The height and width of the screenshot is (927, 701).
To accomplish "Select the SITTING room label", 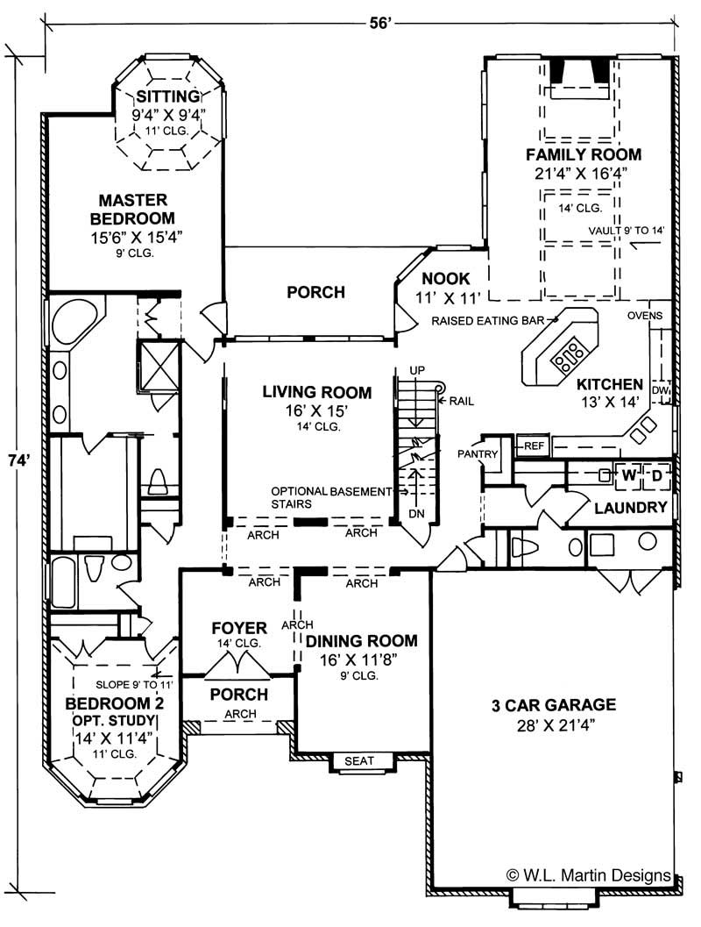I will [167, 96].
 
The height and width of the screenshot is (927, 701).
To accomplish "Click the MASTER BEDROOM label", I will [137, 209].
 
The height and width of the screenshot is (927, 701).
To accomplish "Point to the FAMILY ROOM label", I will [583, 155].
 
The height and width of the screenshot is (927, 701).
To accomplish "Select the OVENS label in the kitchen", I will [649, 316].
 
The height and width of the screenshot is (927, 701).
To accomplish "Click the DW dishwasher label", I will [661, 390].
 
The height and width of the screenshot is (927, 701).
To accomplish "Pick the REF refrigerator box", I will [535, 446].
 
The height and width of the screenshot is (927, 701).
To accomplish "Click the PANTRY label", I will [478, 454].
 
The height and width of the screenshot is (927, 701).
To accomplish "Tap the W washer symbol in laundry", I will [629, 475].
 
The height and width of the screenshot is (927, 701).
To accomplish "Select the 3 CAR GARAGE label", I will [553, 704].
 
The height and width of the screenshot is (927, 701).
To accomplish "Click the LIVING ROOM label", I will [316, 393].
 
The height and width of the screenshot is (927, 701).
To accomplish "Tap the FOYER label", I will [238, 628].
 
